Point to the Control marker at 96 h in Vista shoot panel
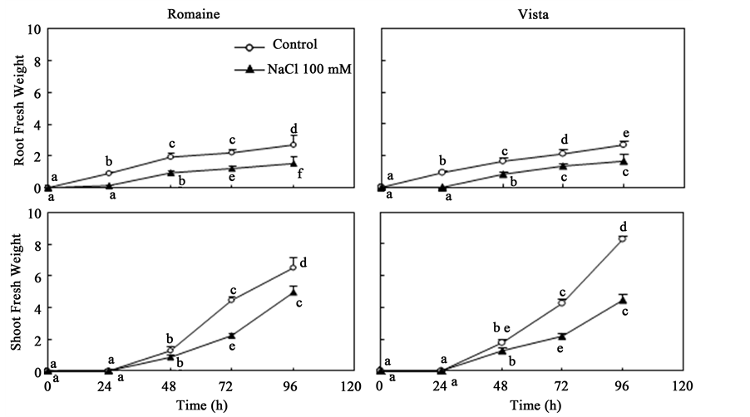(623, 239)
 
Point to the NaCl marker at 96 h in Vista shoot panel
(623, 300)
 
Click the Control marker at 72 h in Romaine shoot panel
(231, 300)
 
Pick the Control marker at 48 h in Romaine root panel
(170, 157)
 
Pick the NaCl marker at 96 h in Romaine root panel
(293, 163)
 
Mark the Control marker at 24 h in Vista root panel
(442, 173)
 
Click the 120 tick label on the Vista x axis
(683, 385)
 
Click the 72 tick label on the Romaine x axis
(231, 385)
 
